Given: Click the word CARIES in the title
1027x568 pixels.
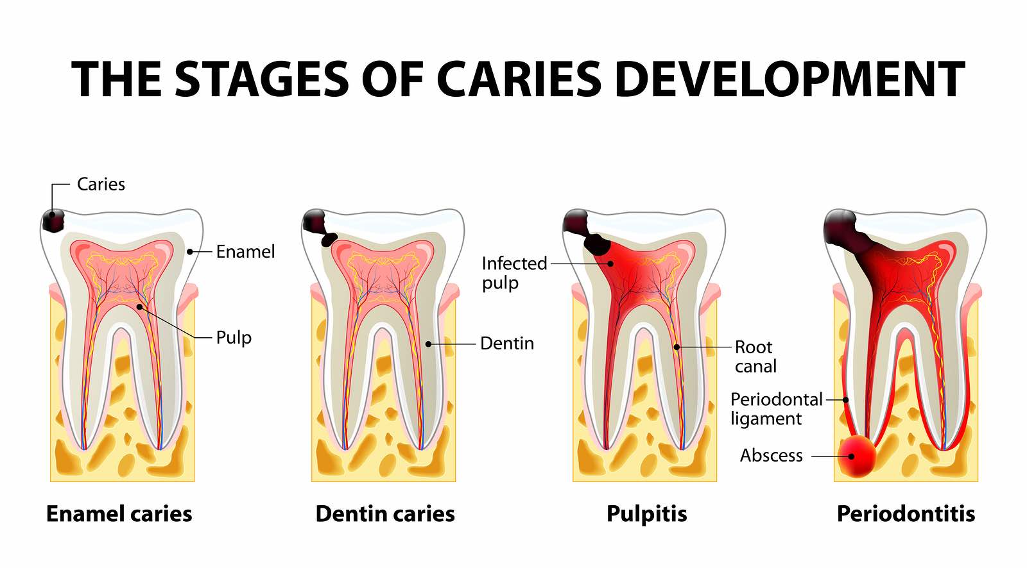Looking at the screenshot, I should [x=519, y=79].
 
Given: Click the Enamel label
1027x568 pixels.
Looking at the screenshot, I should [x=245, y=252].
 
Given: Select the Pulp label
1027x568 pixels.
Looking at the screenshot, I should [x=234, y=338].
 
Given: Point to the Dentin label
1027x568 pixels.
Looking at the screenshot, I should [x=507, y=344].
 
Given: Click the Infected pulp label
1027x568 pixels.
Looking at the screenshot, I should [x=514, y=273].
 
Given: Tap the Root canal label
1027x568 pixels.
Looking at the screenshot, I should [x=755, y=356].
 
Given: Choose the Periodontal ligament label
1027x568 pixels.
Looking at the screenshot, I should [x=776, y=409].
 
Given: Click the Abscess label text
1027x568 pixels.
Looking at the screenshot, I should [x=771, y=456].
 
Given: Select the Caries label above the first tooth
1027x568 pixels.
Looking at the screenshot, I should [x=101, y=185].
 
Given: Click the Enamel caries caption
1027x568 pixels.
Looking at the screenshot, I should [x=119, y=514].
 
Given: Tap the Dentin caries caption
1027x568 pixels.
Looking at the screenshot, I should [x=385, y=514].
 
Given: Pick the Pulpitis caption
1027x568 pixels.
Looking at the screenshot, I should [x=646, y=514].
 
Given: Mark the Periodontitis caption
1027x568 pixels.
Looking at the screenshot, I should [x=906, y=514].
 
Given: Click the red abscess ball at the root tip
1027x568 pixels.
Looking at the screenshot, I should [x=858, y=456].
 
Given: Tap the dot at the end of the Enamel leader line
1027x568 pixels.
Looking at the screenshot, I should [x=190, y=252].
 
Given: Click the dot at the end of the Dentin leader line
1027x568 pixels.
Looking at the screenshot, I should [x=428, y=344].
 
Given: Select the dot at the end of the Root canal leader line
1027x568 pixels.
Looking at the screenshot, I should [x=677, y=347].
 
